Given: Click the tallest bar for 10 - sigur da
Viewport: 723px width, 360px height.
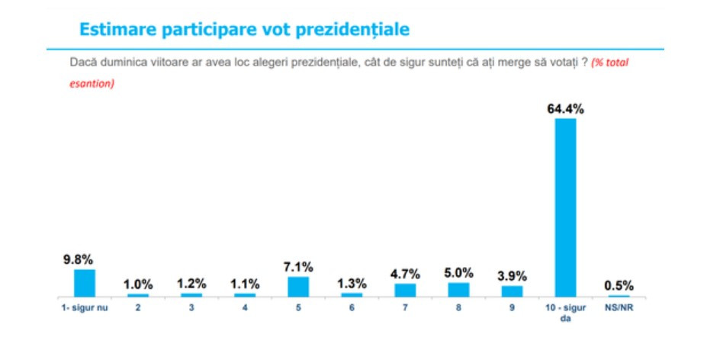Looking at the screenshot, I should tap(565, 207).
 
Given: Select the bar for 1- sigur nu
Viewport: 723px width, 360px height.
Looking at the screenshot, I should tap(84, 282).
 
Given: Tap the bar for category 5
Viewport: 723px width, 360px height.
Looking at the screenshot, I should tap(298, 286).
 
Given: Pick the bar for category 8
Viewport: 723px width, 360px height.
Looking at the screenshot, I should tap(458, 289).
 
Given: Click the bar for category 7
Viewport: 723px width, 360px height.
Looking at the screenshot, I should tap(405, 290).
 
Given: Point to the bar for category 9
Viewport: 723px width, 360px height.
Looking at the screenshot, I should tap(512, 291).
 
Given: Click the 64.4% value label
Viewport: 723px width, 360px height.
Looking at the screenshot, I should tap(565, 109).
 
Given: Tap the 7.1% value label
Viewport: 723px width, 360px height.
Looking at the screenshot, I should tap(298, 267).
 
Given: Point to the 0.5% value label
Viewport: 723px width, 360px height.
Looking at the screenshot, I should tap(619, 286).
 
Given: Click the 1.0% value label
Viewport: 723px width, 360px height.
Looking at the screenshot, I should tap(138, 284).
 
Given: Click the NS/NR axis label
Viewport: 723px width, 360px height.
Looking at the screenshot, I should tap(619, 308).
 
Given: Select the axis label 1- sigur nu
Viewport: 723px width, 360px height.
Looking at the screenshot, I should tap(84, 308).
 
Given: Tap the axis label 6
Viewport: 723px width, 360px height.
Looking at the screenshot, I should tap(352, 308).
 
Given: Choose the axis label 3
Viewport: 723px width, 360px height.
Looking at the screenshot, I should tap(191, 308).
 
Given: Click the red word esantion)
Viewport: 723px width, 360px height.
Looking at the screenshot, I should tap(87, 84).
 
